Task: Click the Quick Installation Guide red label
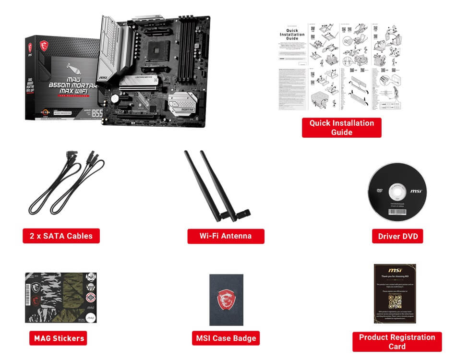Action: point(341,128)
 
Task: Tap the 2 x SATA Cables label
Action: point(61,236)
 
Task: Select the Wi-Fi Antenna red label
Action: point(226,236)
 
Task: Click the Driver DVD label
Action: point(397,236)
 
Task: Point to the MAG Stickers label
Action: point(59,338)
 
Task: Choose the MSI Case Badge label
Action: point(226,338)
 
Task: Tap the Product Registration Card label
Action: point(397,342)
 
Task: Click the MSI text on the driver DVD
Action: point(416,191)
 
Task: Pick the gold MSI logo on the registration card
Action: point(395,270)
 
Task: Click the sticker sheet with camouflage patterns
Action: point(60,298)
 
